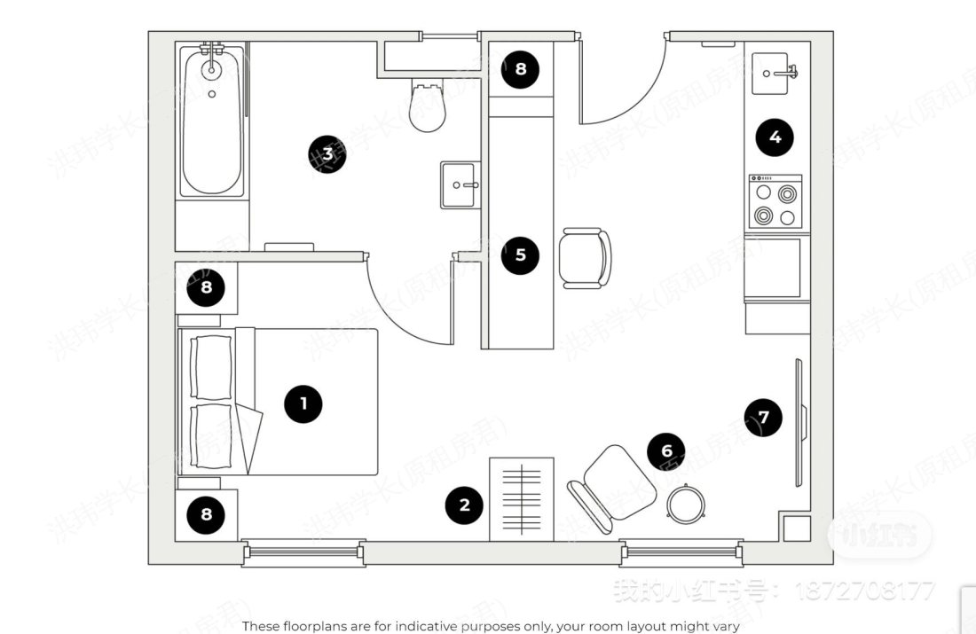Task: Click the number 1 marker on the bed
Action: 303,404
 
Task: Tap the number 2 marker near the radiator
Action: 464,506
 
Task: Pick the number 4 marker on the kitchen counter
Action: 775,137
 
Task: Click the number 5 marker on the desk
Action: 520,255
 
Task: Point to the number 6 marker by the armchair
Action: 666,451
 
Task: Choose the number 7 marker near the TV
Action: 764,416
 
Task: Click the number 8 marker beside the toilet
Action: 520,68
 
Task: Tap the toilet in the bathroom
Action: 428,106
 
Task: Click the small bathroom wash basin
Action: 460,185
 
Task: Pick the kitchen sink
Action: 775,74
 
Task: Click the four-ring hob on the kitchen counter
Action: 775,202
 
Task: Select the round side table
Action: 686,505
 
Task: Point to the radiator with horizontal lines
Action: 522,499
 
